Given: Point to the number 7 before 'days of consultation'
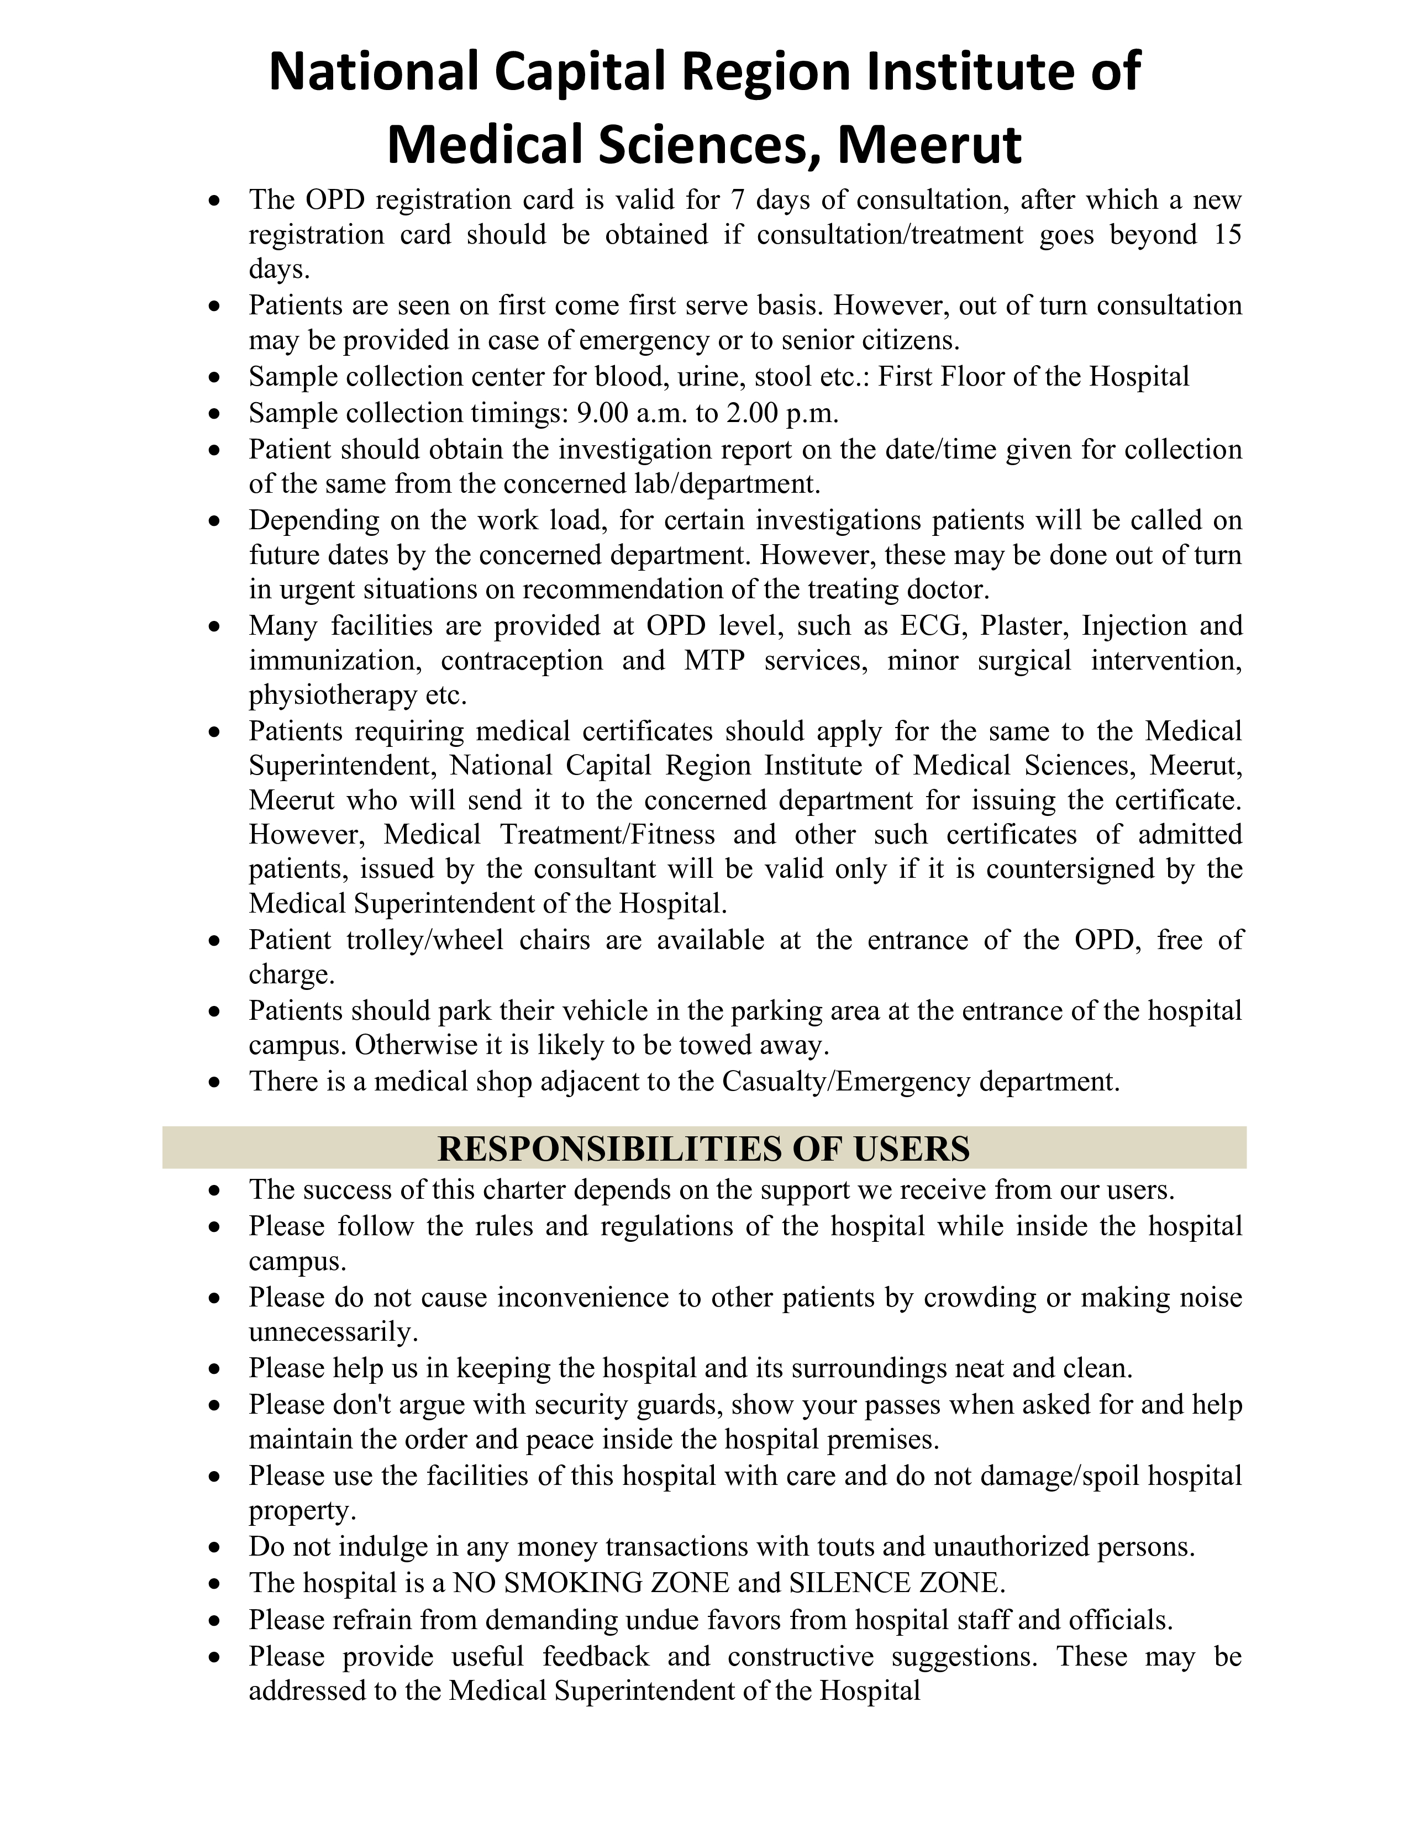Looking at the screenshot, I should (x=736, y=201).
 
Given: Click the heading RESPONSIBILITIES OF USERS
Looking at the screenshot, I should (x=703, y=1148).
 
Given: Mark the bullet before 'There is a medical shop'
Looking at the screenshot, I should (x=215, y=1083).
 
